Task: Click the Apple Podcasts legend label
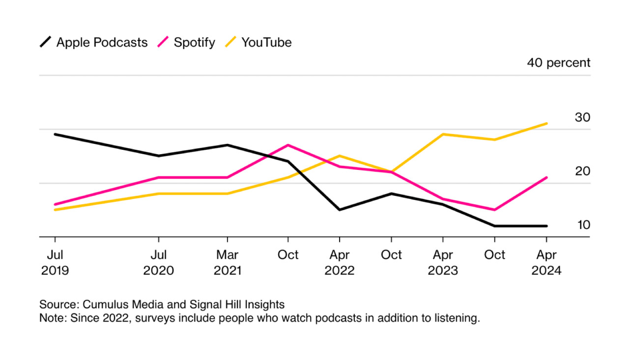click(102, 43)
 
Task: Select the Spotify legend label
click(194, 43)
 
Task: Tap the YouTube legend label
click(266, 43)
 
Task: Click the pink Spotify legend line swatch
click(163, 42)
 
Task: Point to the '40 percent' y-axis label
click(559, 63)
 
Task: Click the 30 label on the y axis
click(582, 117)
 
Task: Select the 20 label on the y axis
click(582, 171)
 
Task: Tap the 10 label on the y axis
click(583, 225)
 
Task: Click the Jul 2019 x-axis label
click(55, 263)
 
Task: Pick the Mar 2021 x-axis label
click(228, 263)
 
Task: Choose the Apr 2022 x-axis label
click(340, 263)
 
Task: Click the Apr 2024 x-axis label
click(546, 263)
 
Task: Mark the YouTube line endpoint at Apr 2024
click(546, 124)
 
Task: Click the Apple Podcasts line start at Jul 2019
click(55, 134)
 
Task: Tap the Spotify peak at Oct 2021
click(288, 145)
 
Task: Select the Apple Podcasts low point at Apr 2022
click(340, 210)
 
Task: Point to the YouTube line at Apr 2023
click(443, 134)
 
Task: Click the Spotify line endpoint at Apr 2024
click(546, 178)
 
